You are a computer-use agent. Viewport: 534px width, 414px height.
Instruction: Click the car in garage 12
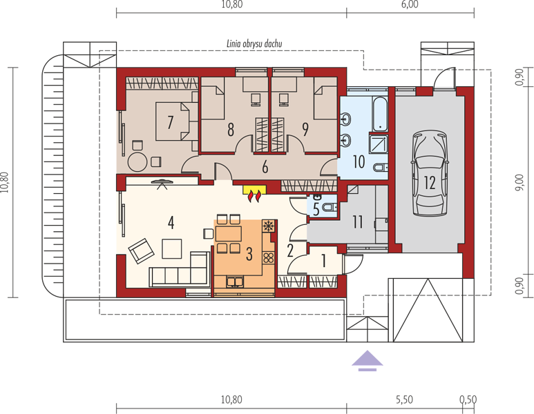430,172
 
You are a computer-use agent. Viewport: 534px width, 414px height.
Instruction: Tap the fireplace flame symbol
255,196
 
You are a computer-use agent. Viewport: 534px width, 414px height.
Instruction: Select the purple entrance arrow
367,361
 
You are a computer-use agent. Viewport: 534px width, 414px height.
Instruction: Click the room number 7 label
170,122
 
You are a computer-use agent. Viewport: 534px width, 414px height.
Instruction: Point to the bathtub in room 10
379,115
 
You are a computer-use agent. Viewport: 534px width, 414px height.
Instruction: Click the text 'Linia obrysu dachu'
254,43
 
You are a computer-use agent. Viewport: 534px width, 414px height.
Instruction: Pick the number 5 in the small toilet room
316,210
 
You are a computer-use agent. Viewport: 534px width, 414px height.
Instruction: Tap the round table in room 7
137,162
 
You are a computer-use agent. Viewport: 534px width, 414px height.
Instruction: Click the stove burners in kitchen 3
268,257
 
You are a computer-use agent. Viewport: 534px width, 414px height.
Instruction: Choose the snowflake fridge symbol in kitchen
268,226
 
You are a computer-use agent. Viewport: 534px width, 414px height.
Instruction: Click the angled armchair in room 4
141,250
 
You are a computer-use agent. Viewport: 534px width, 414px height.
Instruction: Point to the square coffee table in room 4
171,248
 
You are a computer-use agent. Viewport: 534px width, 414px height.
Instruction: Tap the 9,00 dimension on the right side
519,182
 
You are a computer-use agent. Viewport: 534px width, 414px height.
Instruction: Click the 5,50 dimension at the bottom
405,400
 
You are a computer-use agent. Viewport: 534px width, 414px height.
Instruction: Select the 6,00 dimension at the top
410,4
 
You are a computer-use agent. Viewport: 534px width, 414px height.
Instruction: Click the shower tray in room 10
379,144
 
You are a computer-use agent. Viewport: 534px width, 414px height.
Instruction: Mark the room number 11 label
358,222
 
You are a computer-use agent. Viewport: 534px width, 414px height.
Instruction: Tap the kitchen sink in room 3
235,282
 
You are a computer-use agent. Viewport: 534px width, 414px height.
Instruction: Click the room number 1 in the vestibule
323,262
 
